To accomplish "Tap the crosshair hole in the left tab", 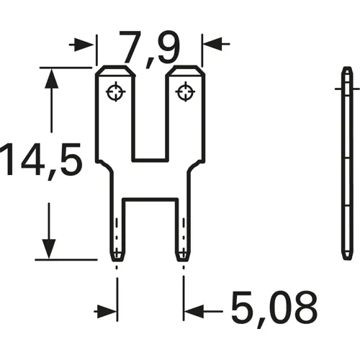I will point(115,91).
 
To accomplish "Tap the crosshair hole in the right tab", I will point(185,91).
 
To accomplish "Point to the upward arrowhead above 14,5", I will point(49,79).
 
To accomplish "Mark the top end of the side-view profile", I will point(346,69).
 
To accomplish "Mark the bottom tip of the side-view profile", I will point(346,260).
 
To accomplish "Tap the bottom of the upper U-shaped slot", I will point(150,159).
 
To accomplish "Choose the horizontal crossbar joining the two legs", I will point(150,192).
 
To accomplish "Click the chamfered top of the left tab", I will point(115,70).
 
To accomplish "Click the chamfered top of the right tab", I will point(185,70).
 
